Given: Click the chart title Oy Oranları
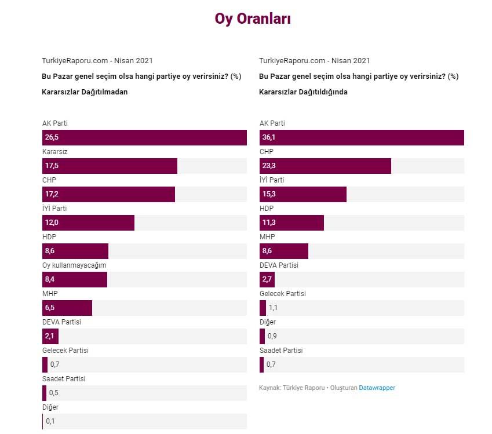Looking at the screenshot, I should [x=253, y=19].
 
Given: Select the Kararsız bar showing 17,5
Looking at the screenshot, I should [x=110, y=166].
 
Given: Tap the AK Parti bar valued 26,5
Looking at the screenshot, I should [x=144, y=137].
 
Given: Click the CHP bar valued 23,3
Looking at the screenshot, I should [x=325, y=166].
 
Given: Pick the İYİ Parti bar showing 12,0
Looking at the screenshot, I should [x=88, y=223].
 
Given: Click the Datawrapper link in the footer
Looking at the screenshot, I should [x=377, y=388].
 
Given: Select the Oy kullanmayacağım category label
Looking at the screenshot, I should [x=74, y=265].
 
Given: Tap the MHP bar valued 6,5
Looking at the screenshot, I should [x=67, y=308].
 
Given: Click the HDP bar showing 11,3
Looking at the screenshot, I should [x=291, y=223].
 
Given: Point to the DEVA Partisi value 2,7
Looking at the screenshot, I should [x=267, y=279].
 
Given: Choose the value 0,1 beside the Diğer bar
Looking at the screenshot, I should [x=50, y=421].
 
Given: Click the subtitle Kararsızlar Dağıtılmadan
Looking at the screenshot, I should [x=85, y=92].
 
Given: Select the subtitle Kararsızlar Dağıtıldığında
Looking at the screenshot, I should [x=303, y=92].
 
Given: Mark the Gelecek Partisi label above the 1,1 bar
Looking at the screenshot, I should [x=282, y=293].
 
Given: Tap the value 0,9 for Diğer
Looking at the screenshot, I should [x=272, y=336].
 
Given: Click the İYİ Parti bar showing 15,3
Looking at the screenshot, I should [x=303, y=194].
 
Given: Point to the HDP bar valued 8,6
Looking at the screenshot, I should [x=75, y=251].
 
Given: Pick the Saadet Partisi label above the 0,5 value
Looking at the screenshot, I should [x=64, y=378].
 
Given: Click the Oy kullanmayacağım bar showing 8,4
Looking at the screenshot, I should [x=75, y=279].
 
